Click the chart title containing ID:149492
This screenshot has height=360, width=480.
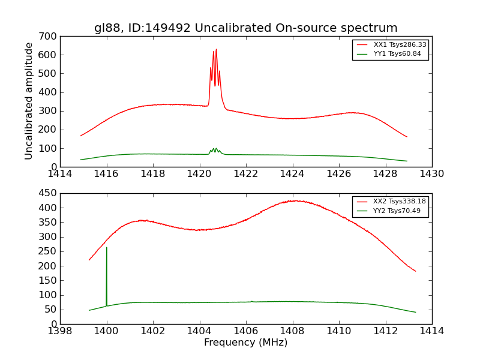pos(245,28)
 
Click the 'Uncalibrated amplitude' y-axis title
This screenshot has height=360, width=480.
pos(29,101)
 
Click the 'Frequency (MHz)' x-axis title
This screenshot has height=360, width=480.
pos(245,343)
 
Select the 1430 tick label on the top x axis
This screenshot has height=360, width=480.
pos(431,175)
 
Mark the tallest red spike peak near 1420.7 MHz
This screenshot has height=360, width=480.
pos(216,50)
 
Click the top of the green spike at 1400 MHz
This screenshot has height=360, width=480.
pos(107,247)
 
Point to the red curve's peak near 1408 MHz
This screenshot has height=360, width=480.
pos(295,200)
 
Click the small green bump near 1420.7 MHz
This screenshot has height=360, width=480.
pos(214,148)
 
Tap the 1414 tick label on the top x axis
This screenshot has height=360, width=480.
pos(60,175)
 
